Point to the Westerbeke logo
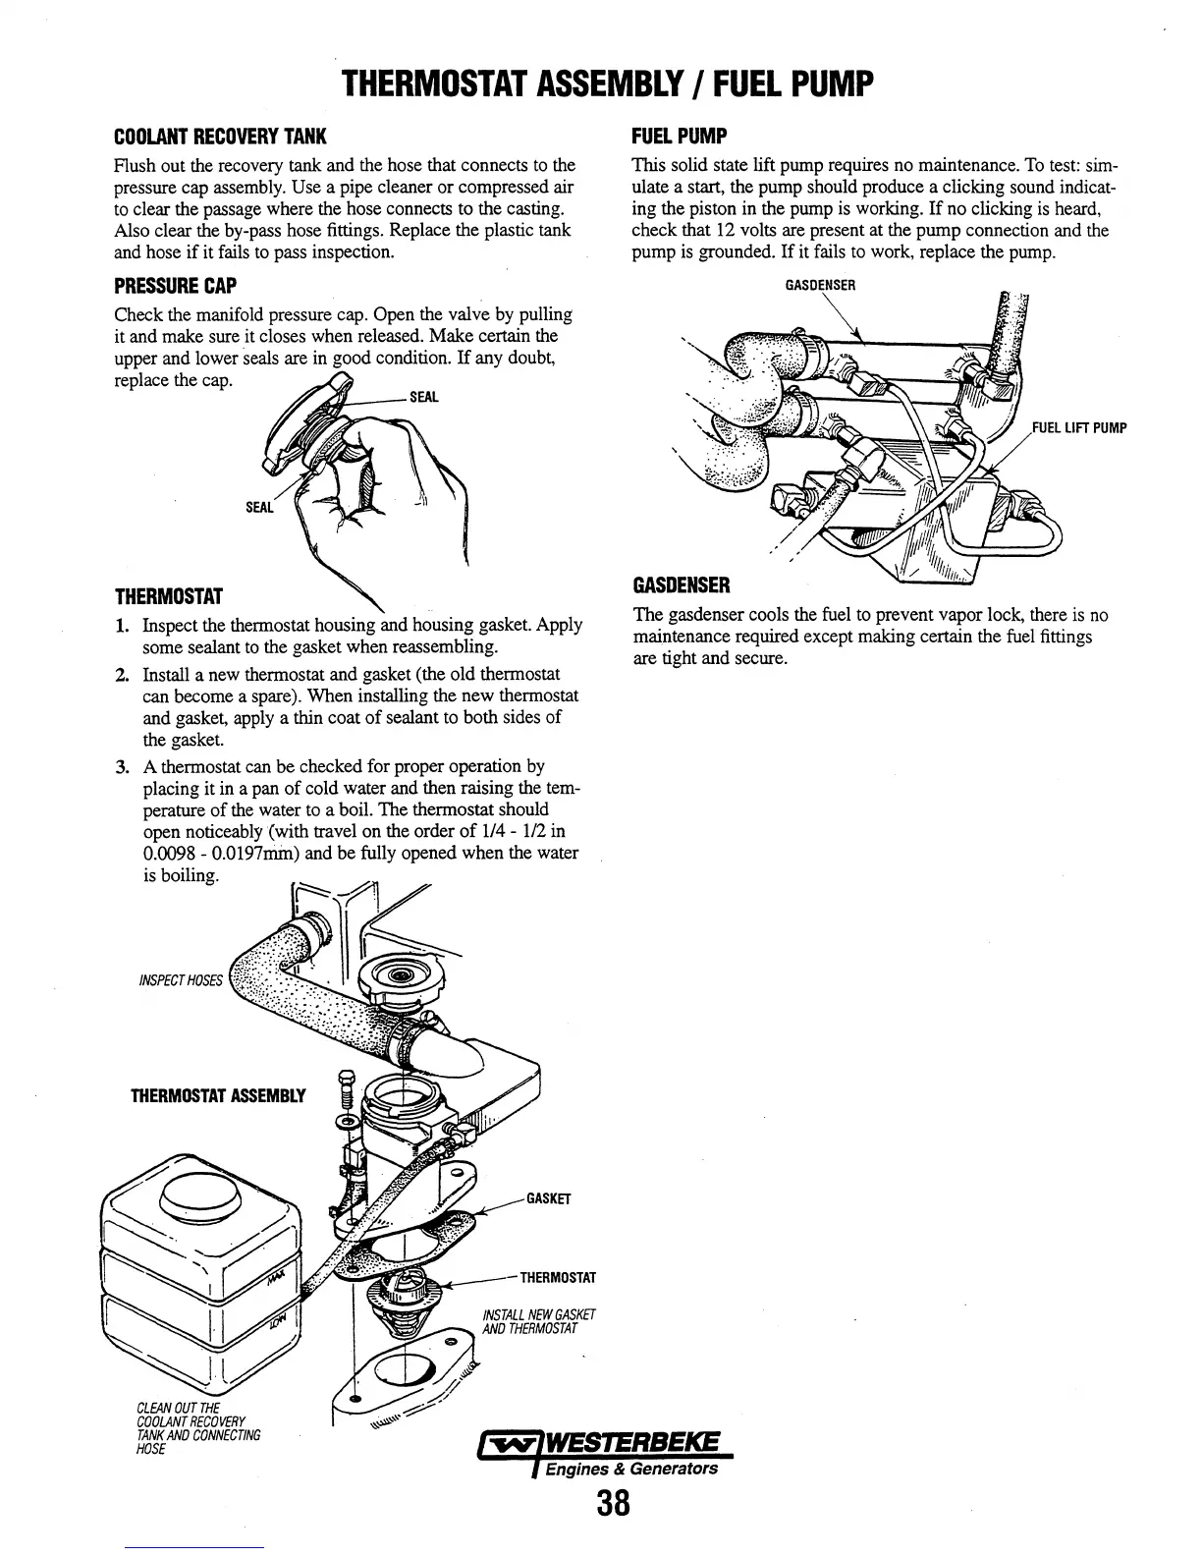(x=600, y=1445)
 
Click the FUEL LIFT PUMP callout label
(x=1078, y=427)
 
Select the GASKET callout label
(x=549, y=1198)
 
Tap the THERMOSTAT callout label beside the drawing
(x=558, y=1278)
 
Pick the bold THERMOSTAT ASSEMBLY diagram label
(x=218, y=1096)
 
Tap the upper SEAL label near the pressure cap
(x=423, y=397)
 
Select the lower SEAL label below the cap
(x=257, y=507)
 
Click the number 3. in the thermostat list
(x=123, y=766)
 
